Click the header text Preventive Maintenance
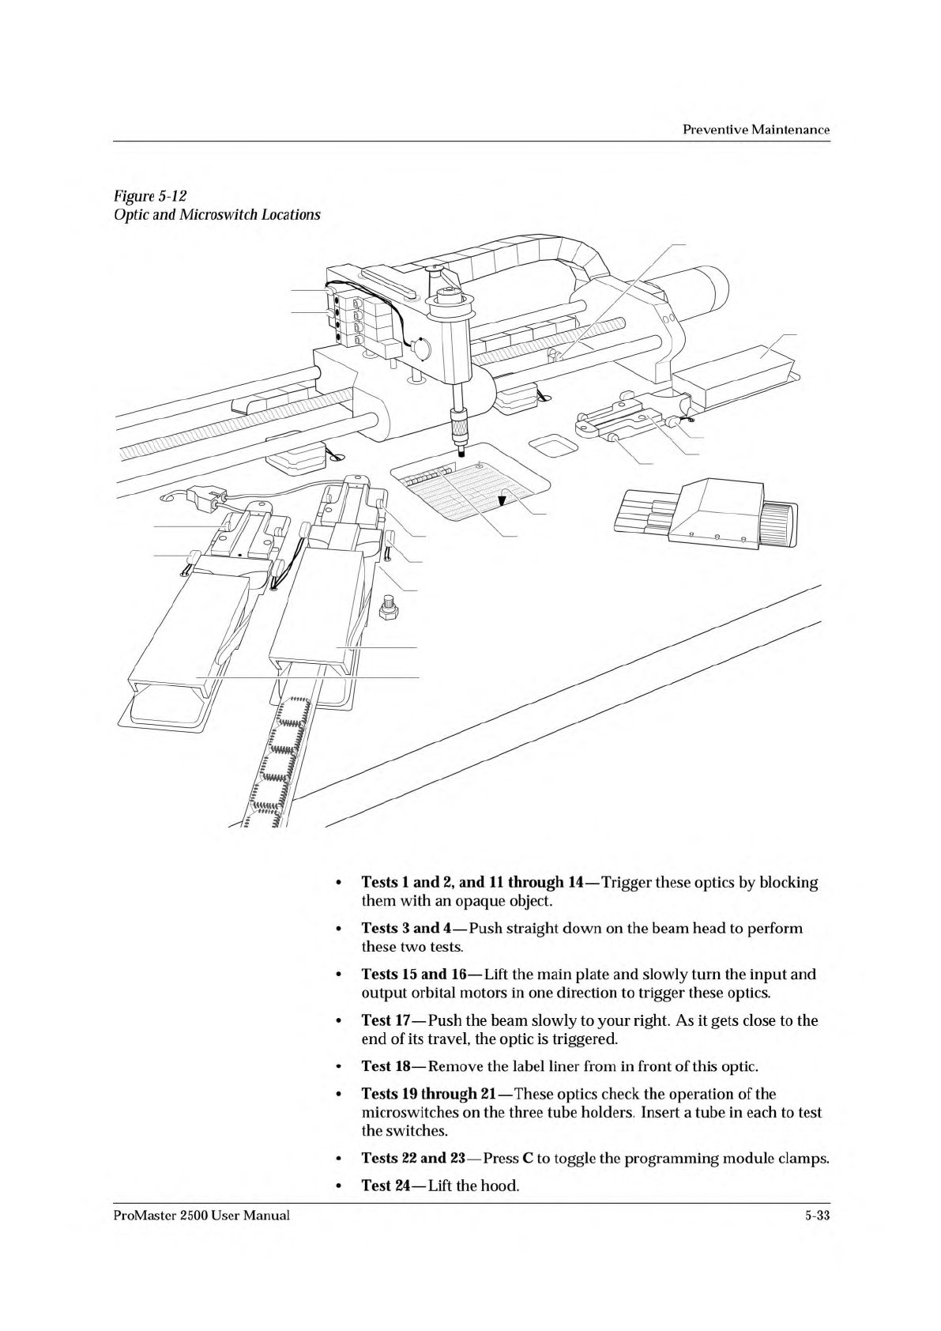click(x=755, y=130)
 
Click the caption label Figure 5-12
click(x=149, y=195)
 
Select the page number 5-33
click(x=811, y=1215)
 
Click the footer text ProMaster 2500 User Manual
click(x=201, y=1215)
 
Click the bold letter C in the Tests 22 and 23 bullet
click(x=527, y=1159)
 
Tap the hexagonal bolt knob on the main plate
click(x=388, y=611)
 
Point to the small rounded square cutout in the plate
click(x=553, y=446)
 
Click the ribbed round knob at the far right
click(x=782, y=522)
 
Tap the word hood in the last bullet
click(x=501, y=1186)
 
